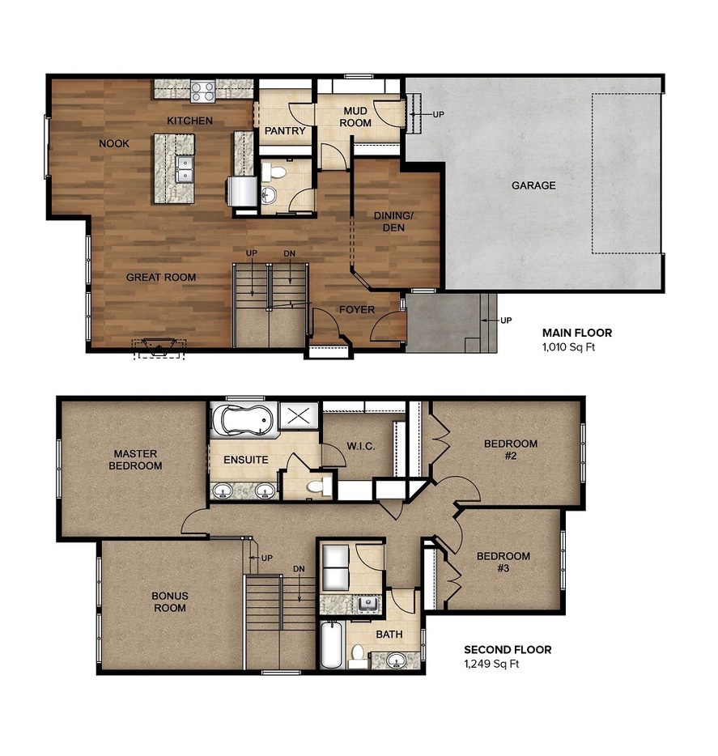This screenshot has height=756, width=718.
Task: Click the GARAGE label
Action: tap(533, 185)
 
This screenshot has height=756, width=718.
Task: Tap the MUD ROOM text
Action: tap(356, 117)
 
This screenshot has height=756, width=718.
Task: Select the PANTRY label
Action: tap(285, 131)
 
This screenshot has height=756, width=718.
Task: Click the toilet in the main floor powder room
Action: tap(276, 172)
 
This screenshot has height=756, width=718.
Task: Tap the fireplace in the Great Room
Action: tap(159, 348)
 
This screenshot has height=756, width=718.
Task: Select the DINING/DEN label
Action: tap(394, 222)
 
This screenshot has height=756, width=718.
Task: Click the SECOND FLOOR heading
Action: tap(508, 649)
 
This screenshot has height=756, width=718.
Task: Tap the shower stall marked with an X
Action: tap(300, 418)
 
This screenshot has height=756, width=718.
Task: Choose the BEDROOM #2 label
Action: tap(511, 449)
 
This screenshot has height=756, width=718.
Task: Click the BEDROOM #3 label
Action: tap(503, 562)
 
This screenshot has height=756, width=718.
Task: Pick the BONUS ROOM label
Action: tap(170, 601)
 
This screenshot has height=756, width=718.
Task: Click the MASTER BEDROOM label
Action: tap(135, 460)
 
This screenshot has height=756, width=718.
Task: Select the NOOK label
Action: tap(114, 143)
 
